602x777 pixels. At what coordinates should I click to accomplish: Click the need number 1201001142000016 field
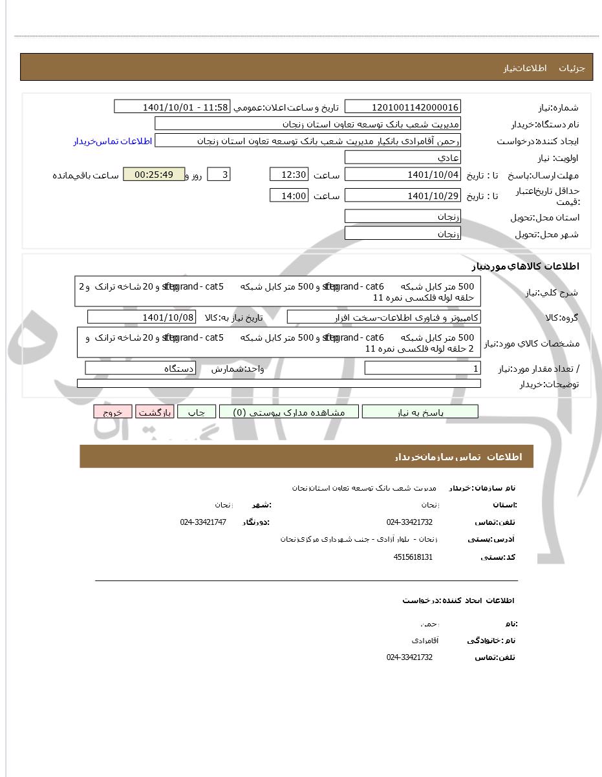402,107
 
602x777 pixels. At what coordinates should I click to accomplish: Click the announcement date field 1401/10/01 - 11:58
172,107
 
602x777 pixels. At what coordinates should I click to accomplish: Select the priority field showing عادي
402,158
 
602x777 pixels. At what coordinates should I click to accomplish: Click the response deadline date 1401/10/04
402,175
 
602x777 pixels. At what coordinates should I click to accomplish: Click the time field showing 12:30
289,175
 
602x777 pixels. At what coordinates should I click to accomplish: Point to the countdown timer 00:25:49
154,175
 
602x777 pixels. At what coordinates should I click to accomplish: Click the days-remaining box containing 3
218,175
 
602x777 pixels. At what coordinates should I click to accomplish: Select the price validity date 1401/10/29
402,196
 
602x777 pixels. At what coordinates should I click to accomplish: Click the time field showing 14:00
289,196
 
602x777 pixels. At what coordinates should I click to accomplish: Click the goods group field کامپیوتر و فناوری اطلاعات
383,317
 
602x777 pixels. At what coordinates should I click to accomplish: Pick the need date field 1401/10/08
141,317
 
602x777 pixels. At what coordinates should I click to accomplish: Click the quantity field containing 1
422,368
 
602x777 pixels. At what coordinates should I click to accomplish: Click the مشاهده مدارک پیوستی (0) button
288,412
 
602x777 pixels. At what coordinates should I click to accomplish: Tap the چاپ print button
197,412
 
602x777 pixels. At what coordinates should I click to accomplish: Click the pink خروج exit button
113,412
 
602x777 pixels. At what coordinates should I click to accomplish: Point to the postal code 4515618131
413,557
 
